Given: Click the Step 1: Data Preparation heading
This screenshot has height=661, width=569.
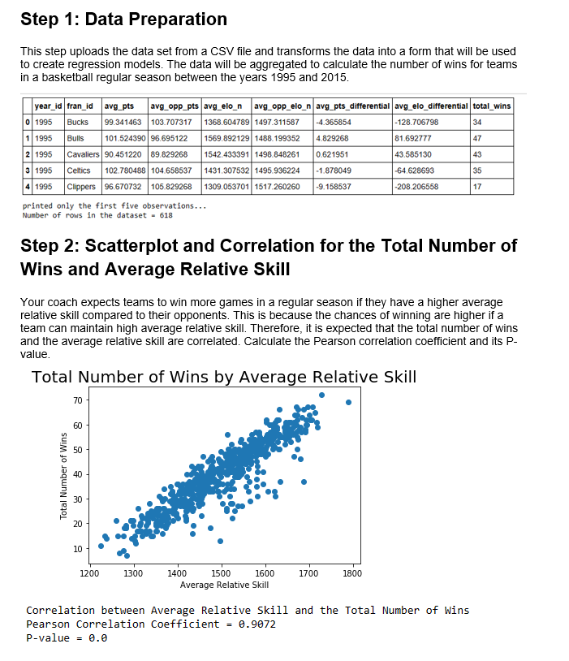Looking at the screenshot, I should coord(123,19).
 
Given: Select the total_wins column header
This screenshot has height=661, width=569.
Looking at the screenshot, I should coord(491,106).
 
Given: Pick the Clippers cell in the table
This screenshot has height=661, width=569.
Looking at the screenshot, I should coord(80,187).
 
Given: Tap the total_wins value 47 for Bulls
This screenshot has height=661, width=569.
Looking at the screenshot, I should coord(478,138).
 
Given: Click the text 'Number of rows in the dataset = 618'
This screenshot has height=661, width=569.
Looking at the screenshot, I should coord(97,215).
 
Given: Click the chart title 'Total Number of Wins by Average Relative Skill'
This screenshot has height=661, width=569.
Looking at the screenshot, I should coord(224,377).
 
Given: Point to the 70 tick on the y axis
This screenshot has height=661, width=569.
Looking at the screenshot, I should coord(77,401).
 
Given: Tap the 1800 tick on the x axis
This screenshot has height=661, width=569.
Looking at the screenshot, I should coord(353,573).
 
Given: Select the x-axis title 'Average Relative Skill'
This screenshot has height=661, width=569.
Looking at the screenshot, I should coord(224,585).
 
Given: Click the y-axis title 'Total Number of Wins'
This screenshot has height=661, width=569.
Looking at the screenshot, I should coord(63,475).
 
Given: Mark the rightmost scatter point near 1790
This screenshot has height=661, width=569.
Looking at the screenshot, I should coord(348,402).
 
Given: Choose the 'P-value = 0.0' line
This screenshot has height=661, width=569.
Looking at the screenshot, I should coord(67,637).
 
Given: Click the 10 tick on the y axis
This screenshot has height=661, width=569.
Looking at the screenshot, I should coord(77,549).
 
